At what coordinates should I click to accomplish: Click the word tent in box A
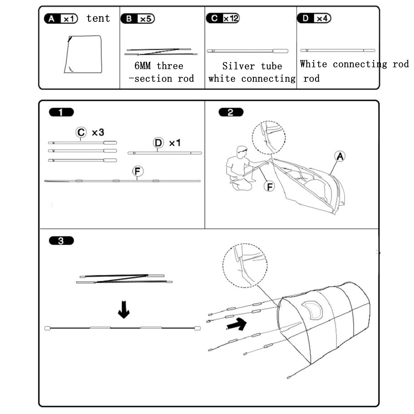click(x=98, y=18)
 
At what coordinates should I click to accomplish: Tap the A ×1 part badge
click(x=61, y=19)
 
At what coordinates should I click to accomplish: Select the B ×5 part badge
click(x=137, y=19)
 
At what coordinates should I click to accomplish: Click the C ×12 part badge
click(x=223, y=18)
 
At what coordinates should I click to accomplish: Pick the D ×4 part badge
click(x=314, y=18)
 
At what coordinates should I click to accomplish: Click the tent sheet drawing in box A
click(x=83, y=54)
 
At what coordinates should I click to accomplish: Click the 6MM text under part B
click(x=143, y=66)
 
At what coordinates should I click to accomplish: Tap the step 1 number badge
click(x=61, y=112)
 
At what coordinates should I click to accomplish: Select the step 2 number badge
click(x=231, y=112)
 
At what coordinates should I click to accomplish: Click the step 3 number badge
click(x=61, y=241)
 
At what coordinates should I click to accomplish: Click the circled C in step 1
click(x=81, y=132)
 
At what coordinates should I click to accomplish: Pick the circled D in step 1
click(x=158, y=143)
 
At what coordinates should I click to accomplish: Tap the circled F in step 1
click(x=138, y=171)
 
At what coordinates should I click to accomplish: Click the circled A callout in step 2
click(x=340, y=156)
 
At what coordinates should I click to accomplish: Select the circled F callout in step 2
click(x=269, y=186)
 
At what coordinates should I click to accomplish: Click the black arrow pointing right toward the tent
click(x=237, y=324)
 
